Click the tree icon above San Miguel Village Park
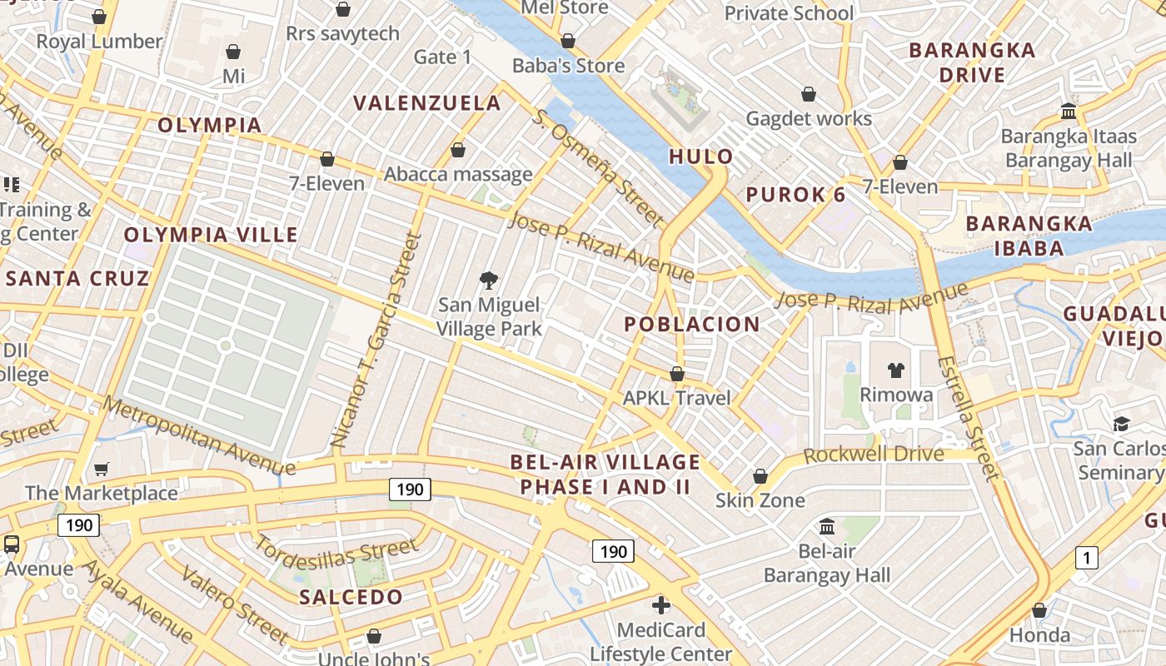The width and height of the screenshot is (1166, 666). click(489, 281)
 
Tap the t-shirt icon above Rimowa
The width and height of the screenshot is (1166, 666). click(896, 370)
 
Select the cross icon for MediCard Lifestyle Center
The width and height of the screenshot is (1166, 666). click(661, 605)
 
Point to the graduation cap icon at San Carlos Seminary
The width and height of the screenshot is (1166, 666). click(1121, 425)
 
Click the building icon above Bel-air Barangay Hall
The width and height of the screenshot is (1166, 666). click(827, 526)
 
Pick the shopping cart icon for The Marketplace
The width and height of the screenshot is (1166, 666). click(102, 470)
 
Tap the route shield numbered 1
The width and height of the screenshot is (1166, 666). click(1086, 558)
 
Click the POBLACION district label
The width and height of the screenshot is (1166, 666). click(692, 325)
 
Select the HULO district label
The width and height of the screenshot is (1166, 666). click(701, 157)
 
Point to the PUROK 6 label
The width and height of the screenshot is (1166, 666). click(795, 195)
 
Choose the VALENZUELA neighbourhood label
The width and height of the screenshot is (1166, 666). click(427, 103)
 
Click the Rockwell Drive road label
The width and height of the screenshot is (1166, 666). click(874, 455)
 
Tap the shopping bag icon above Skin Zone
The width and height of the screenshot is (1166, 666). click(760, 477)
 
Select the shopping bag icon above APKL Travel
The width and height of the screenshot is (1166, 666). click(677, 375)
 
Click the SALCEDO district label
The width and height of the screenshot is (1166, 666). click(351, 597)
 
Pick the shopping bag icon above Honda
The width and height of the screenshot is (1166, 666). click(1039, 611)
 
